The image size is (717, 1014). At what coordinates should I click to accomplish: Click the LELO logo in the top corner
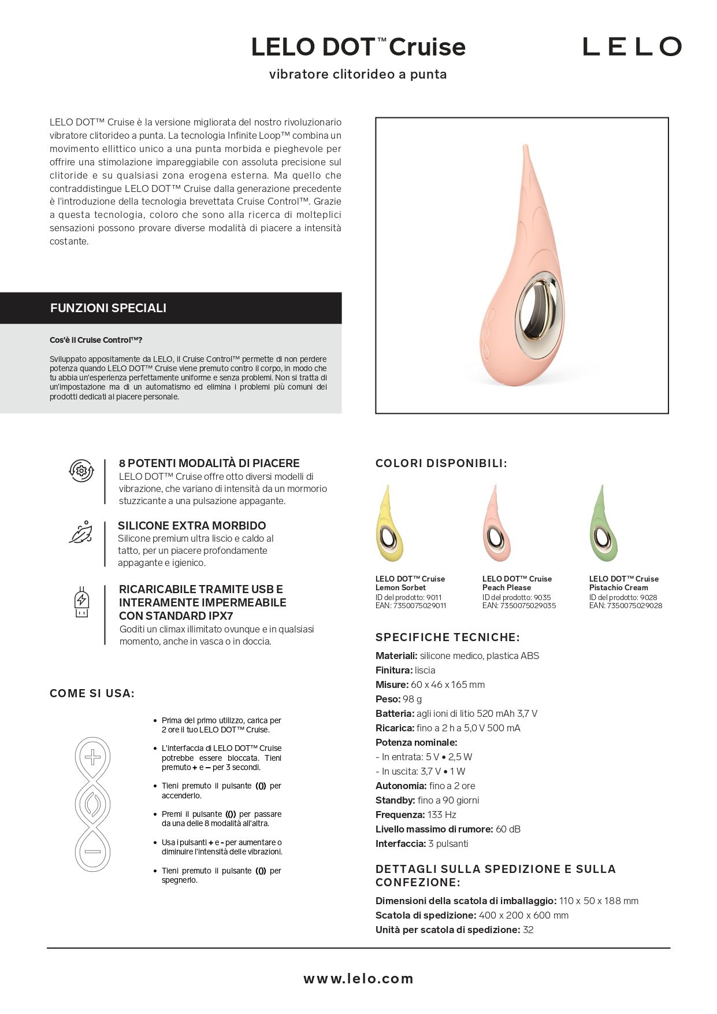[x=631, y=47]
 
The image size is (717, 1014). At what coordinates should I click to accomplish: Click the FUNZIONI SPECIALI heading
[x=108, y=308]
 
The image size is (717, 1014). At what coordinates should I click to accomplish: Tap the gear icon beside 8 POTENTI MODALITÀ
[x=81, y=471]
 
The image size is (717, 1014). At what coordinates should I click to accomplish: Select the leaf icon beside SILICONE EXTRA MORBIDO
[x=81, y=532]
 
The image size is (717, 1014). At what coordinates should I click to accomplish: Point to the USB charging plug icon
[x=81, y=602]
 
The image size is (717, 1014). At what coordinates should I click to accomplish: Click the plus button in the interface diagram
[x=92, y=757]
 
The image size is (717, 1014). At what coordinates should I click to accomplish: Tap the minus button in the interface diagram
[x=92, y=852]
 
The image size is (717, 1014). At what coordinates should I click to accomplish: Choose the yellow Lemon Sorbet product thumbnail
[x=389, y=524]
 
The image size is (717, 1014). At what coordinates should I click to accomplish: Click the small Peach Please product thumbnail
[x=496, y=524]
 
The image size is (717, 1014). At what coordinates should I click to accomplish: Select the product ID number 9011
[x=434, y=597]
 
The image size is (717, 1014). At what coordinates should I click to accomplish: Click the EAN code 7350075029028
[x=634, y=606]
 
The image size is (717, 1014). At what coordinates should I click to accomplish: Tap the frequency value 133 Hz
[x=441, y=815]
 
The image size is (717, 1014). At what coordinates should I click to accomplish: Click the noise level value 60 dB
[x=508, y=829]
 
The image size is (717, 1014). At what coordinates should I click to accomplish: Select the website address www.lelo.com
[x=358, y=978]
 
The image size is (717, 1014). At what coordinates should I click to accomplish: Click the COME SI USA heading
[x=92, y=693]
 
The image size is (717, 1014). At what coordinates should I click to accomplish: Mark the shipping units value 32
[x=528, y=930]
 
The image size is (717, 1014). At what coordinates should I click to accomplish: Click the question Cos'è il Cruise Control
[x=96, y=340]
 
